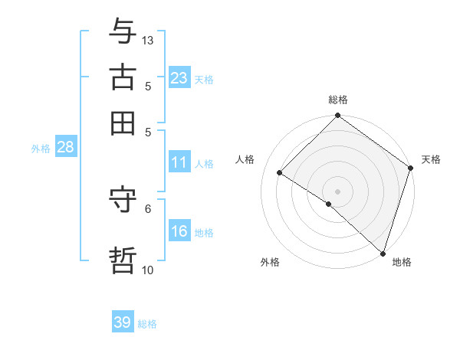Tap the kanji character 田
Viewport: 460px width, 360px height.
point(123,122)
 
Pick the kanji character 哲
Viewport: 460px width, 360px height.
point(123,260)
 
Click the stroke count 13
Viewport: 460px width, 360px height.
point(148,39)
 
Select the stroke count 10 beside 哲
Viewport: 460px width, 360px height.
point(148,270)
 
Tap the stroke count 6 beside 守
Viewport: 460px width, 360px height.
point(148,208)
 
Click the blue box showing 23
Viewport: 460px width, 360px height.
point(179,78)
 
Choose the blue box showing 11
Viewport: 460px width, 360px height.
point(179,162)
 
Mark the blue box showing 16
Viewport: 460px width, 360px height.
point(179,231)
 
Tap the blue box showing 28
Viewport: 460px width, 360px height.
point(65,148)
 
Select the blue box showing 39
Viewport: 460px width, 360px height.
point(122,322)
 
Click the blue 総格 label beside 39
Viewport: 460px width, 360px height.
point(147,324)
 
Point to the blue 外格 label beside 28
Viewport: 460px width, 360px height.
point(41,149)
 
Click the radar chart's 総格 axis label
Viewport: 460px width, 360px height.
point(338,100)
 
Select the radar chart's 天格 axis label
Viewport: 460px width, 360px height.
point(431,159)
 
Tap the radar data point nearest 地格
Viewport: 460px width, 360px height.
point(383,252)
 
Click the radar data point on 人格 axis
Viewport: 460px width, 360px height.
point(280,172)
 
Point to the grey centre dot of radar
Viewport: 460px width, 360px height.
point(338,191)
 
